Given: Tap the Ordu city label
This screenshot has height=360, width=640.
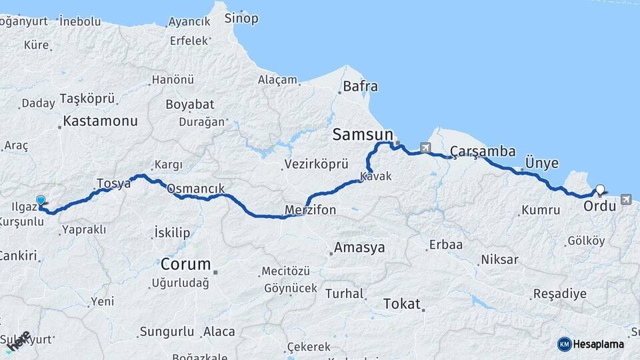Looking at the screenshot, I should [x=599, y=206].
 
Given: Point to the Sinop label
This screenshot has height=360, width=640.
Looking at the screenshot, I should [x=241, y=18].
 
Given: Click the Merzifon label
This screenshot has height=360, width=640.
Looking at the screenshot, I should [x=310, y=211].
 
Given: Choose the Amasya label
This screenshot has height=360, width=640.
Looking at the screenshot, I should [x=359, y=247].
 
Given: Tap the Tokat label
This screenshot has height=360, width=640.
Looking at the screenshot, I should [x=402, y=304].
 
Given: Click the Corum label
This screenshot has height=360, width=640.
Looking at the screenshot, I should [x=185, y=263].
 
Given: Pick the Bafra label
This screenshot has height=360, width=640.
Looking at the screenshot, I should [x=360, y=86].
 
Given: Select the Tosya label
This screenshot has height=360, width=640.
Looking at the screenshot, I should [x=113, y=183].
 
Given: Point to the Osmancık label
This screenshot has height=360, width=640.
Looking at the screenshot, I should [x=195, y=189].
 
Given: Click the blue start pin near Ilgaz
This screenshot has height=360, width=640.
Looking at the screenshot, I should [x=41, y=200].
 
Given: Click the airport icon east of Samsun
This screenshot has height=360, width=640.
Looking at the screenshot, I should [x=425, y=147].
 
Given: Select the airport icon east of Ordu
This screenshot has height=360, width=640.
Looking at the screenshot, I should [x=625, y=199].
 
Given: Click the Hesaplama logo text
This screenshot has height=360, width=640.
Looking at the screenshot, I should [x=599, y=344].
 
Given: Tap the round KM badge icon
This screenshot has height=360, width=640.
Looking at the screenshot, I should [x=564, y=344].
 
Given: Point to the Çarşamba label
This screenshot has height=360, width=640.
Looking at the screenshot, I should [x=482, y=151].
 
